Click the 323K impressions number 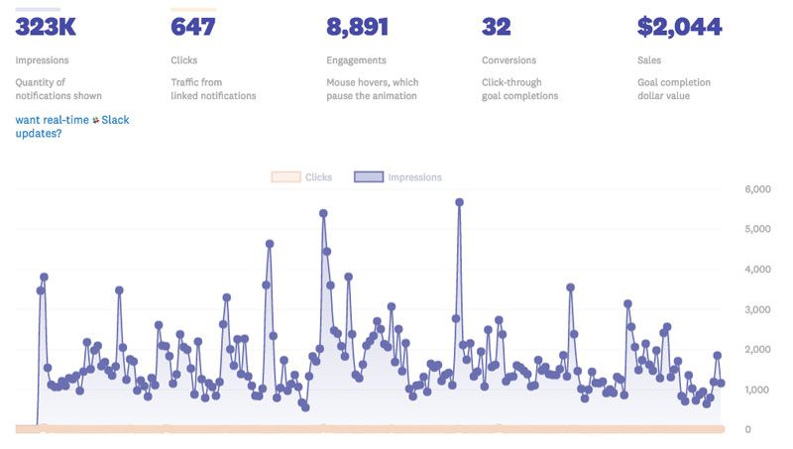pos(46,28)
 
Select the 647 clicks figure pos(193,28)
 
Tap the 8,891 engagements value pos(357,28)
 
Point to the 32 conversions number pos(496,28)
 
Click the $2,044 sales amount pos(679,28)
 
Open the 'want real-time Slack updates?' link pos(71,126)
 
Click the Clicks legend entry pos(302,177)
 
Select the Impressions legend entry pos(397,177)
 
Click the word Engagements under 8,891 pos(356,60)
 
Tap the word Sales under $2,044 pos(650,60)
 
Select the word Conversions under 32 pos(509,60)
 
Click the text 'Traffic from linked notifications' pos(213,89)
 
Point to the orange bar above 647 pos(193,9)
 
